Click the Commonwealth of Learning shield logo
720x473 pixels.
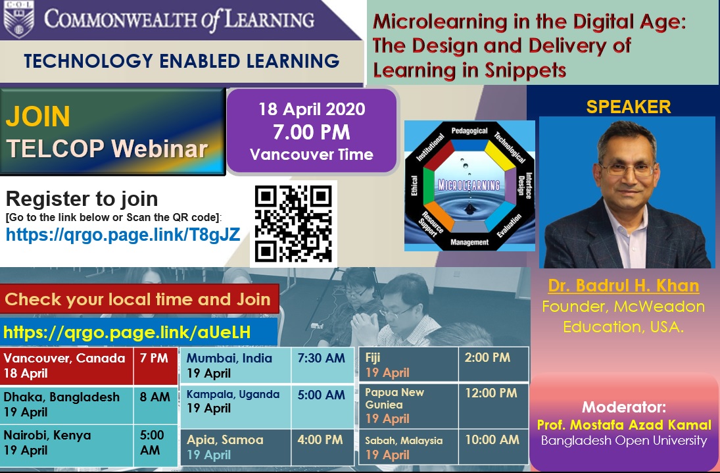[19, 19]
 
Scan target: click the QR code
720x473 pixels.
[293, 224]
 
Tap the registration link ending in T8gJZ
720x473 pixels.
[123, 235]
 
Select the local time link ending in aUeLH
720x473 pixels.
[127, 332]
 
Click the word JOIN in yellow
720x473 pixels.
[37, 116]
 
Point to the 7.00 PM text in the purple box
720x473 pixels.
[311, 132]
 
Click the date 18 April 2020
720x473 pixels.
[312, 109]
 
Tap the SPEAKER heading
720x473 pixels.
[628, 107]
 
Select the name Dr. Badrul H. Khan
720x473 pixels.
[623, 286]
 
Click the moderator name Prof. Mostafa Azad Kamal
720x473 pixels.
[624, 424]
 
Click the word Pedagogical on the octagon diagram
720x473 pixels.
[469, 131]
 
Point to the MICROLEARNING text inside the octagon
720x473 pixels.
[469, 185]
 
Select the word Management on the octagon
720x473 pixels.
[469, 242]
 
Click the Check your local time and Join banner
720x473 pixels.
[139, 299]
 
